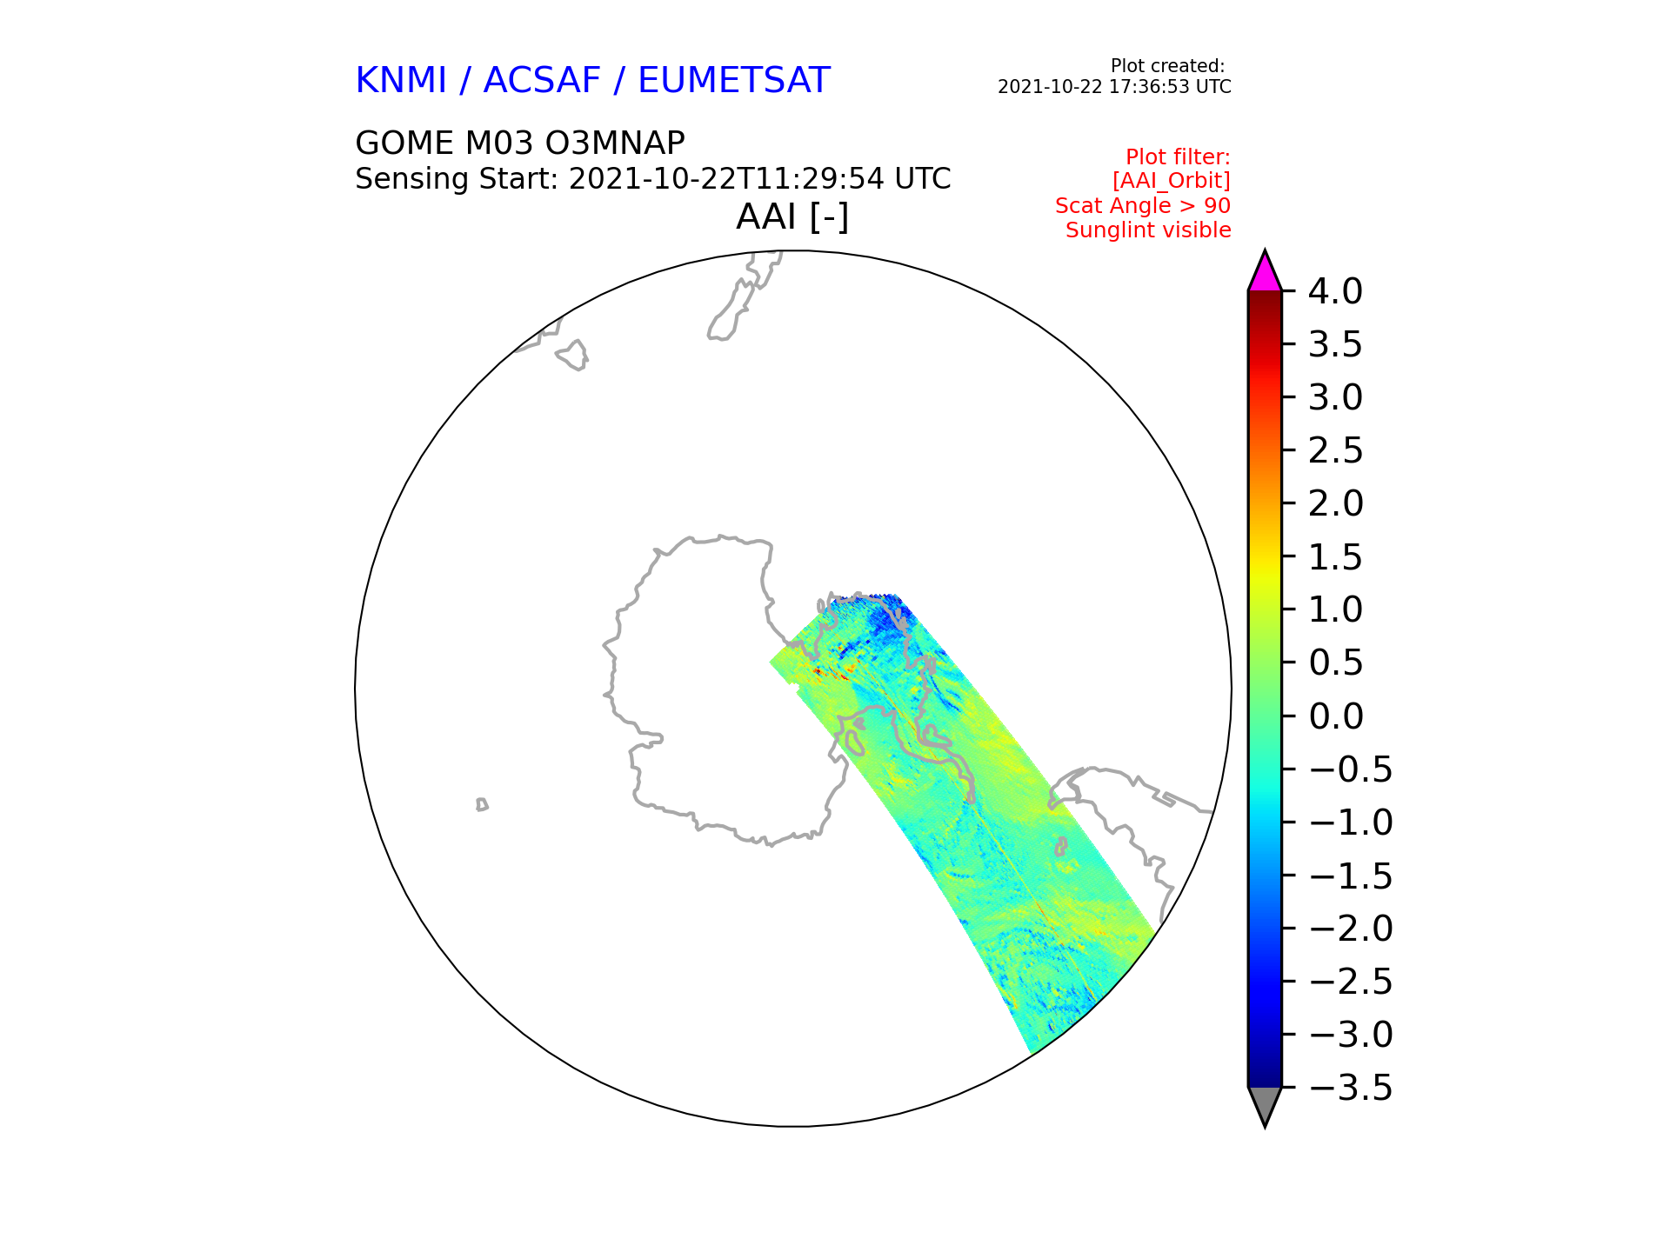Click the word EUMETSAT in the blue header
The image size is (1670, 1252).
(734, 81)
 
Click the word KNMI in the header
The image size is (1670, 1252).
(401, 81)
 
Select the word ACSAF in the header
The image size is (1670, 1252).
(542, 81)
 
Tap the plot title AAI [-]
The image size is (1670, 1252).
(792, 216)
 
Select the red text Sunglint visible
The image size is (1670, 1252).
(1148, 230)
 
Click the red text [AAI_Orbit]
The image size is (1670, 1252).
(1172, 181)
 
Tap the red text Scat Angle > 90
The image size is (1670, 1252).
(1143, 206)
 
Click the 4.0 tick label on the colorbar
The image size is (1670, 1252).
(1335, 292)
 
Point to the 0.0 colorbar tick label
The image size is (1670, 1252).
(1335, 716)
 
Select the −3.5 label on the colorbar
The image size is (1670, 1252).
(1350, 1088)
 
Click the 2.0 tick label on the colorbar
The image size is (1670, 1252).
(1335, 504)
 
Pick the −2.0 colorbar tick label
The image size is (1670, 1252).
(1350, 929)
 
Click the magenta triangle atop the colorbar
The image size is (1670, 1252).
(1265, 273)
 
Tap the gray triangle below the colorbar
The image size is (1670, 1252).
(1265, 1104)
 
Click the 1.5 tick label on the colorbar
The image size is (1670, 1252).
(1335, 557)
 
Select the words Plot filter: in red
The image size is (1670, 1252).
(1178, 156)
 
